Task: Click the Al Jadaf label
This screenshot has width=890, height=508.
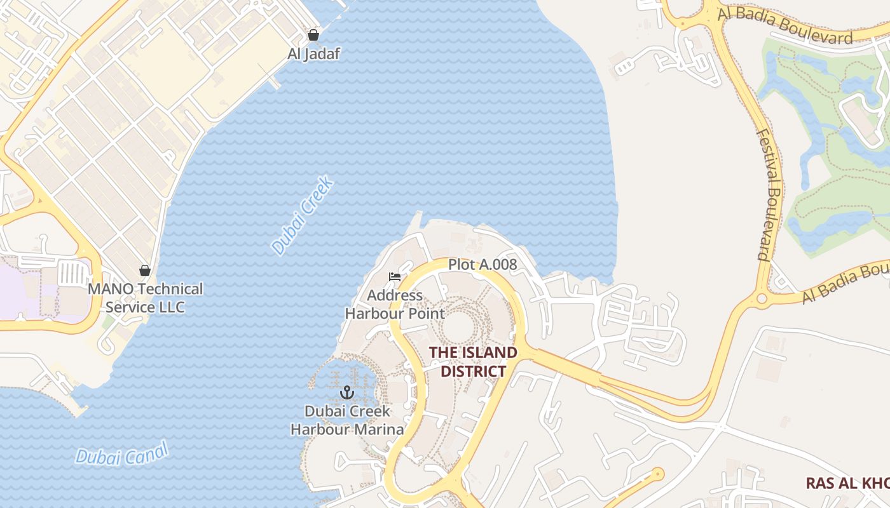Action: [x=313, y=53]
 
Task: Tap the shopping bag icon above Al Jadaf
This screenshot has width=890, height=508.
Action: [x=313, y=34]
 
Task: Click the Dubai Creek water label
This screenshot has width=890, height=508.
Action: [x=303, y=217]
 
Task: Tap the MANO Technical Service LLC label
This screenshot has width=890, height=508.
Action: [x=145, y=298]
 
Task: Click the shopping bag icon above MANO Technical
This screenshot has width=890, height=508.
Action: [x=145, y=271]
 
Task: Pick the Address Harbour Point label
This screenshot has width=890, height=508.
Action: [x=395, y=304]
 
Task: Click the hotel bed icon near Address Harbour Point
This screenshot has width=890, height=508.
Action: [x=395, y=277]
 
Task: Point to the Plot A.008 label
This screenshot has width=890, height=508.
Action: [x=483, y=264]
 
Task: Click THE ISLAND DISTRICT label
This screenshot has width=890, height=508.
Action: [x=473, y=361]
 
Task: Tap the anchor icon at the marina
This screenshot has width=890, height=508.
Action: [x=346, y=392]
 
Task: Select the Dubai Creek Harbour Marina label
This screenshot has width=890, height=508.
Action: [x=347, y=420]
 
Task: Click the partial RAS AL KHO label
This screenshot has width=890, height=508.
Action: [x=847, y=483]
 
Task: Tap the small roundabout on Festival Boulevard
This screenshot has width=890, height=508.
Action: [x=761, y=298]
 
